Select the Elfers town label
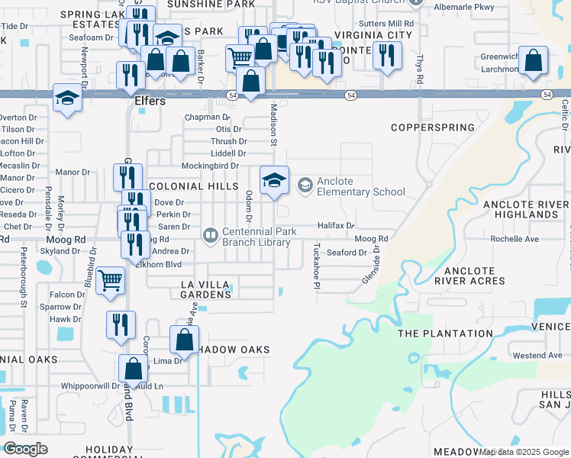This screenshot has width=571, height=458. pos(150,101)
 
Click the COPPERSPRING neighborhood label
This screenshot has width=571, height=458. pos(428,127)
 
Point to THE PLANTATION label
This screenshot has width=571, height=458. pos(446,334)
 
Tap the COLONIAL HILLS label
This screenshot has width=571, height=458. pos(188,186)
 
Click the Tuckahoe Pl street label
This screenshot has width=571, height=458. pos(316,265)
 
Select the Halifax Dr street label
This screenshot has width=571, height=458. pos(337,226)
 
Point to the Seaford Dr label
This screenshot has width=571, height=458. pos(347,253)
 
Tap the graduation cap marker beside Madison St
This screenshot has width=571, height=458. pos(275,180)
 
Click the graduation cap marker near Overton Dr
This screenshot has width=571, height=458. pos(67,98)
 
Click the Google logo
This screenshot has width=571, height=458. pos(26,449)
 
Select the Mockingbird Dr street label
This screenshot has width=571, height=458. pos(210,166)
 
